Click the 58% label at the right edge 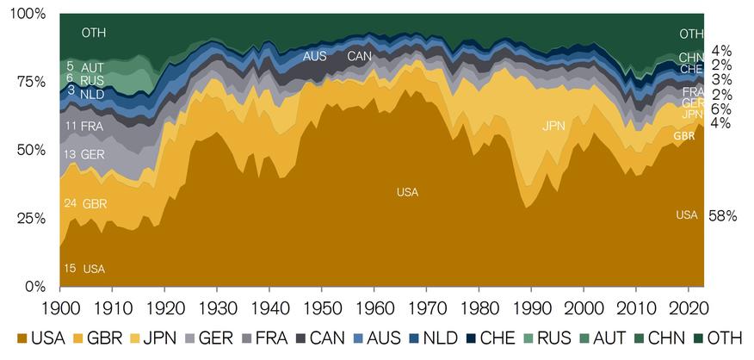722,216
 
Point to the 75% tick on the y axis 31,82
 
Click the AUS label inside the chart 315,57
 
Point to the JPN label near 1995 555,127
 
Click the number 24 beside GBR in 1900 71,203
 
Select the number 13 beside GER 71,154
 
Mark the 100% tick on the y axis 27,14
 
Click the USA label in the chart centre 407,192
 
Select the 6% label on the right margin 721,109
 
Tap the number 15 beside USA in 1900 71,269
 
